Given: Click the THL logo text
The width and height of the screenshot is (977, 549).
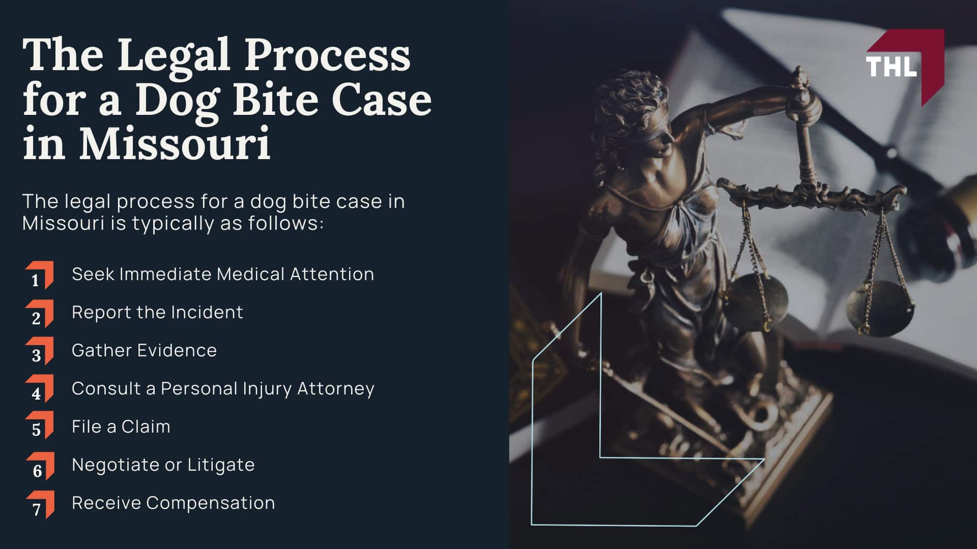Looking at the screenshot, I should [891, 67].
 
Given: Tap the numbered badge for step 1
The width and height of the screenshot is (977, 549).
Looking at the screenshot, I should [39, 276].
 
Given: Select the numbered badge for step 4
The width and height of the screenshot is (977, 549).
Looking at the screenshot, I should [39, 389].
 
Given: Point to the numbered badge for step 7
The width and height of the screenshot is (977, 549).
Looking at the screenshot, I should [40, 505].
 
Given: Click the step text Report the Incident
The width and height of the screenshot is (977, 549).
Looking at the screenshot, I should [157, 312].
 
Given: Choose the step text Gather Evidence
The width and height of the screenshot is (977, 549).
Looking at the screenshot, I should [144, 350].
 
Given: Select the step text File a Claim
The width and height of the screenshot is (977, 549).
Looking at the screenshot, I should [121, 426].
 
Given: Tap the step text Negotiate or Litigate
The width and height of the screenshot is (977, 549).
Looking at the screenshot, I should [163, 465].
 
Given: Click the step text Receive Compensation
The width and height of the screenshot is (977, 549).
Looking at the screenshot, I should [173, 503].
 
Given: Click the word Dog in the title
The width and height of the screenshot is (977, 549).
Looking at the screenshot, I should [179, 101].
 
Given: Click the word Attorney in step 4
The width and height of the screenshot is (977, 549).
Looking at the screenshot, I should [336, 389].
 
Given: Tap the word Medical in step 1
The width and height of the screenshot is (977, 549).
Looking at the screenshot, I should [250, 274].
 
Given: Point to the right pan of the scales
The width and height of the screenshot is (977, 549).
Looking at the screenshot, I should [879, 308].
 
